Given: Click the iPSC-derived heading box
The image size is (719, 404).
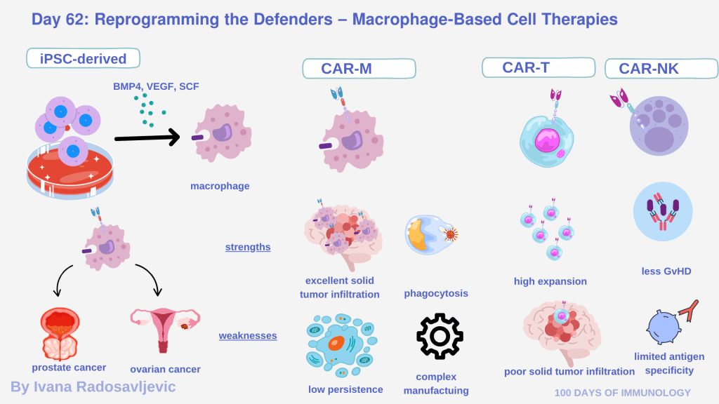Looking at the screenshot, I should point(83,58).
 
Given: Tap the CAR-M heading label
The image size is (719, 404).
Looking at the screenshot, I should point(359,69).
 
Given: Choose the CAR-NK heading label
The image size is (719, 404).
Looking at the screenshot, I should point(661,69).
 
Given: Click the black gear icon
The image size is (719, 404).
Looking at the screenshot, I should point(440,337).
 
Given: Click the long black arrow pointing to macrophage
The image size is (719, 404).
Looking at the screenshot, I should point(147,137).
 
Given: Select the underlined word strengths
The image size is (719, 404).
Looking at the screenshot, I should point(248,247).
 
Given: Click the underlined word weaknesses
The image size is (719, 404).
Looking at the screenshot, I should point(248,335).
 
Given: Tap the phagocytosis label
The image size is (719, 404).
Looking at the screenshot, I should point(436,293).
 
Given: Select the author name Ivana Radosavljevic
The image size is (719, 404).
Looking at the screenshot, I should point(93,386).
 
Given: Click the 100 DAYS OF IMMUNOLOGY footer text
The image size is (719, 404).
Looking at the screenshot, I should point(622,393).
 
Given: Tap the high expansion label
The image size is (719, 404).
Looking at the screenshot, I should point(550,281).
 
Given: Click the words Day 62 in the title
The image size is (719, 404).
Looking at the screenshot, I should point(58,19).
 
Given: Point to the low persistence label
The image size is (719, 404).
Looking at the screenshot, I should point(345,389).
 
